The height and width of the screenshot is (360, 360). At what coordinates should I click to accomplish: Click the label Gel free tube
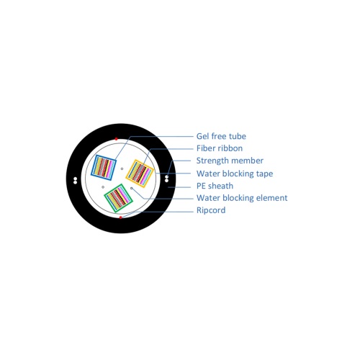(221, 136)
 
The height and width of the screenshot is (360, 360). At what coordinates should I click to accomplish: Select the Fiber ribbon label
(220, 148)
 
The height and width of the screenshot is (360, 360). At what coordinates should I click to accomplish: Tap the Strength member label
(230, 161)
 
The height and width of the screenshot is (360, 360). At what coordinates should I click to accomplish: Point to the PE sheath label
(215, 186)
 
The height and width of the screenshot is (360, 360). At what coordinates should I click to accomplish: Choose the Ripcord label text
(211, 210)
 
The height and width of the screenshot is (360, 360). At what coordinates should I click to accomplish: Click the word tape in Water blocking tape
(264, 174)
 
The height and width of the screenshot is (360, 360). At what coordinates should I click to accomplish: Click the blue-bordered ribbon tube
(104, 167)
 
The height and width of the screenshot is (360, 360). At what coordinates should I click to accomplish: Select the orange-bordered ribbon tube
(140, 174)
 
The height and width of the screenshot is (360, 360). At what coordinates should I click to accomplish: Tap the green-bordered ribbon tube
(118, 198)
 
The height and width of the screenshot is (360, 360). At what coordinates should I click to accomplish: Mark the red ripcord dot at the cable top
(116, 139)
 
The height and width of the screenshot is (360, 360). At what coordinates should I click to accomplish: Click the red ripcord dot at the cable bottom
(120, 217)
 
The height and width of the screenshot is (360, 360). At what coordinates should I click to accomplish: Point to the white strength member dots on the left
(75, 181)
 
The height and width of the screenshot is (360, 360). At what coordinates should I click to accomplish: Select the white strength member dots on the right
(166, 179)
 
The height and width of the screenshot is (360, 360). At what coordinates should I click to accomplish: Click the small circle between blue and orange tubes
(122, 168)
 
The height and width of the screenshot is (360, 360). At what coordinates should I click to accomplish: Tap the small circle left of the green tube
(103, 187)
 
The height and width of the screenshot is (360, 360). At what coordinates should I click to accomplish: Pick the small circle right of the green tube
(132, 188)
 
